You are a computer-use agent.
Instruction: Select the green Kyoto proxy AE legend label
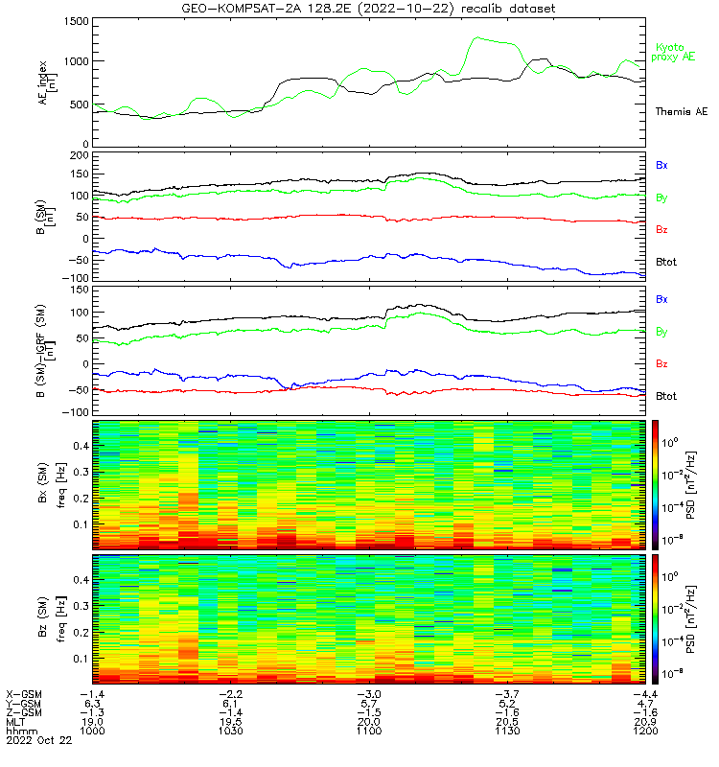click(x=674, y=53)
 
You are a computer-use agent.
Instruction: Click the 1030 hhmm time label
click(x=230, y=731)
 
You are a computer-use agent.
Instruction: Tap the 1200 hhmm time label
click(x=643, y=731)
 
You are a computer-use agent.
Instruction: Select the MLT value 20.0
click(x=368, y=721)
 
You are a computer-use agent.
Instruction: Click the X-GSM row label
click(x=24, y=693)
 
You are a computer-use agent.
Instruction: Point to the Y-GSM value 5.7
click(x=368, y=703)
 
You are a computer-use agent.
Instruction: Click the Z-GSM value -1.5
click(x=368, y=712)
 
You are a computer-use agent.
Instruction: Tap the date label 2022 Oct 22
click(x=37, y=740)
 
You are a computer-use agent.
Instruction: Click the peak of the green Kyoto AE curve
click(x=477, y=38)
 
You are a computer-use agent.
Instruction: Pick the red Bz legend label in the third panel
click(x=661, y=364)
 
